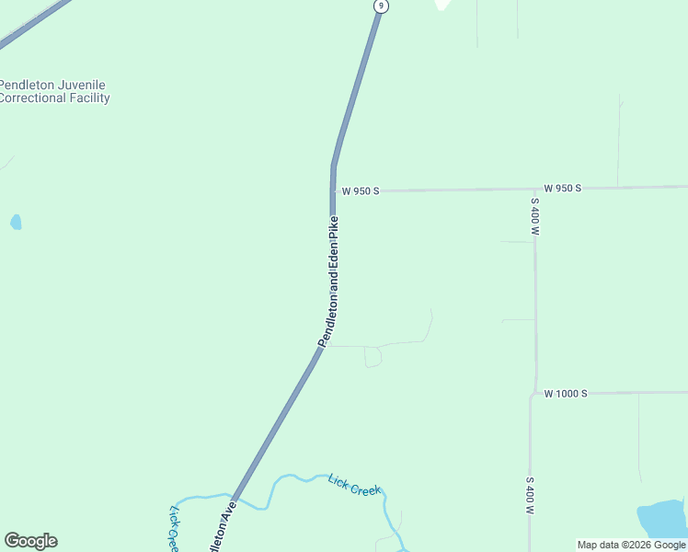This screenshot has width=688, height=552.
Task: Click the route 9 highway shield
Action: tap(381, 6)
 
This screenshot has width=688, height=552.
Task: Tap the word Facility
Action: tap(89, 98)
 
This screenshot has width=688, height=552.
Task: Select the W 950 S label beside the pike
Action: tap(360, 191)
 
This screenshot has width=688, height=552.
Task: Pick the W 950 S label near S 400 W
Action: tap(562, 188)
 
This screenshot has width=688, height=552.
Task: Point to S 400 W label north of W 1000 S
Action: tap(534, 216)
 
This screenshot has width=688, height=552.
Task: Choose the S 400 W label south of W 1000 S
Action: tap(530, 495)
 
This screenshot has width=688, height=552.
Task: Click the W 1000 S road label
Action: tap(564, 394)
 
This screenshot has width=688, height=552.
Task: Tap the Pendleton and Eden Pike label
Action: tap(329, 282)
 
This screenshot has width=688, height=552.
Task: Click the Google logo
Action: tap(30, 541)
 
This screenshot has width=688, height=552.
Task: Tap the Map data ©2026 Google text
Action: tap(631, 545)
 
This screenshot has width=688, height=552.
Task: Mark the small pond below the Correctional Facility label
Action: tap(16, 222)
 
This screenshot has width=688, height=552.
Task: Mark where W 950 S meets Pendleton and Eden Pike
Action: tap(333, 191)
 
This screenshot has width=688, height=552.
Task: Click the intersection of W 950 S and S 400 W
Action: tap(534, 190)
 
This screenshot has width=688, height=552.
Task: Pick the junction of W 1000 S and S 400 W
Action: tap(533, 395)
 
